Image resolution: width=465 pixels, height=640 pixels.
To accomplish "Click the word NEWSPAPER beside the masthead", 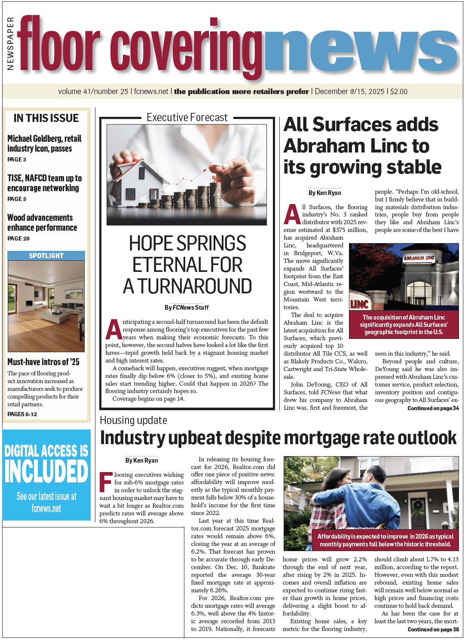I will [x=10, y=43].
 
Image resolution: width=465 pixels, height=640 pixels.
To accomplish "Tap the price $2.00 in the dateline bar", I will [x=399, y=91].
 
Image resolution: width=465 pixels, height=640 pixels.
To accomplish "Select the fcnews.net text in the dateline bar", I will [x=151, y=91].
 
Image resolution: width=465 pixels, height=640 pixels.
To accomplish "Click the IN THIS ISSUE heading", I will [x=46, y=118].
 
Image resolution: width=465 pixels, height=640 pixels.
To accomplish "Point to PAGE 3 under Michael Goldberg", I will [x=17, y=159].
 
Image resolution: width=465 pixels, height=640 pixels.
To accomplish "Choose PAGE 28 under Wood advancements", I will [x=18, y=238].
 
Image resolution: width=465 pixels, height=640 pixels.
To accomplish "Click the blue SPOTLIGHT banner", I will [x=46, y=256].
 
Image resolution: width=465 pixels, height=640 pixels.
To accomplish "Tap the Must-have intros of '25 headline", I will [x=43, y=362].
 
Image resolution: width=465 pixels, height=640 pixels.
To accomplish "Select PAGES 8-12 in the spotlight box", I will [x=22, y=414].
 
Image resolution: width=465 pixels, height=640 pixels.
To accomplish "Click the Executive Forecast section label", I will [x=187, y=118].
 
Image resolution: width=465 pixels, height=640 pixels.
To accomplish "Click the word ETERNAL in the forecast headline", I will [x=187, y=265].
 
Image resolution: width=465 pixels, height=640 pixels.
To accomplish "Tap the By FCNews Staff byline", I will [x=187, y=308].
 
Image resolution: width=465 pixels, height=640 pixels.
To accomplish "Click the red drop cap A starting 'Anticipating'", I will [x=113, y=329].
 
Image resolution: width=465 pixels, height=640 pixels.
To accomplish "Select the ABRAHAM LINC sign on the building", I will [x=418, y=258].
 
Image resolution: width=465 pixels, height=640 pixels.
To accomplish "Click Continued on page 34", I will [x=433, y=408].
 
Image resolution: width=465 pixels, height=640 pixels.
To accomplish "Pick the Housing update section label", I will [x=133, y=420].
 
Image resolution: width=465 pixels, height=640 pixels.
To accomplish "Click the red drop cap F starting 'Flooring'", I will [x=106, y=482].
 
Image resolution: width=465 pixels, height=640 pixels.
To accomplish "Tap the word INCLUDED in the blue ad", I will [x=46, y=472].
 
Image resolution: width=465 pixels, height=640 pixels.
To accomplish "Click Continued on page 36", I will [x=433, y=629].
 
